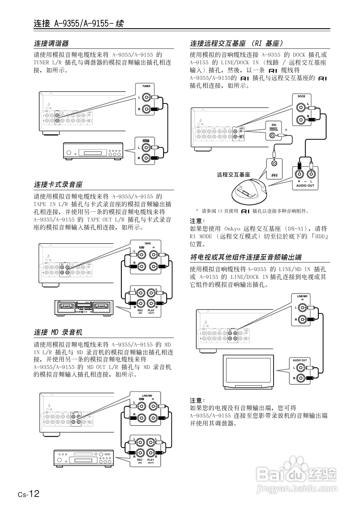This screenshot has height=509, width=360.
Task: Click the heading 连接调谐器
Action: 51,44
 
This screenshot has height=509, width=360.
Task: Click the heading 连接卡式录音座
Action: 58,185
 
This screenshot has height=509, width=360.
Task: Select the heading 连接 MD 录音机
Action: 58,332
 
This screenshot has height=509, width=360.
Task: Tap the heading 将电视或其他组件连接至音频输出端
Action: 246,257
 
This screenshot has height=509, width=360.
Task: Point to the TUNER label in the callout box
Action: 146,86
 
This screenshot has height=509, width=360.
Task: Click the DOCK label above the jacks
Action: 301,96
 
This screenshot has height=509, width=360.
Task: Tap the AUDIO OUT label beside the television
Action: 300,360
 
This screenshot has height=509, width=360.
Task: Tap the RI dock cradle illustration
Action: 249,192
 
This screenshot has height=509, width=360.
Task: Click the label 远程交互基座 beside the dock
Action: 233,175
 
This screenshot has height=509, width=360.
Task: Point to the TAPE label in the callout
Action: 147,243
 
